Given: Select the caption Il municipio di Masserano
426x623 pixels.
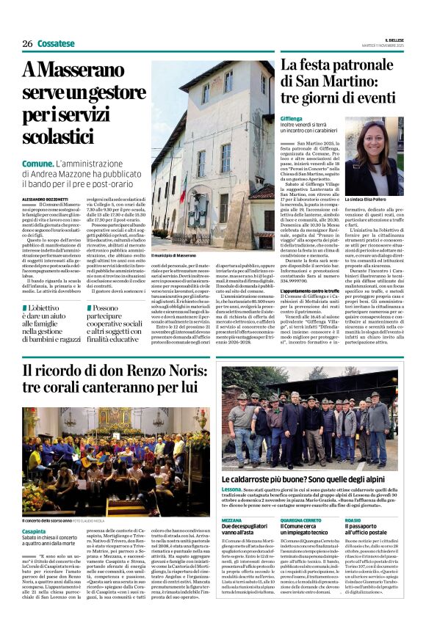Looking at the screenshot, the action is click(x=174, y=255).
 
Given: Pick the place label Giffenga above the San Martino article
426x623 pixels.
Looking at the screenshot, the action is click(x=291, y=117).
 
